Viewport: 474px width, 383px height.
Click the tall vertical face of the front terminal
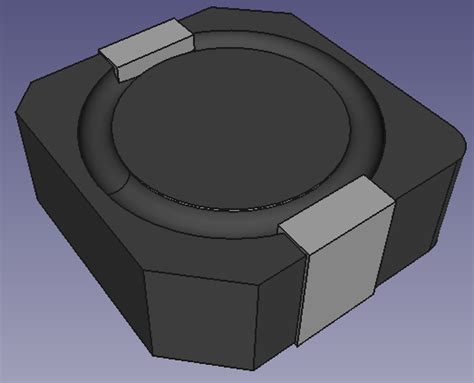click(338, 290)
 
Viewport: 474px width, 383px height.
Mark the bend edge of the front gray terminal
click(339, 245)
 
